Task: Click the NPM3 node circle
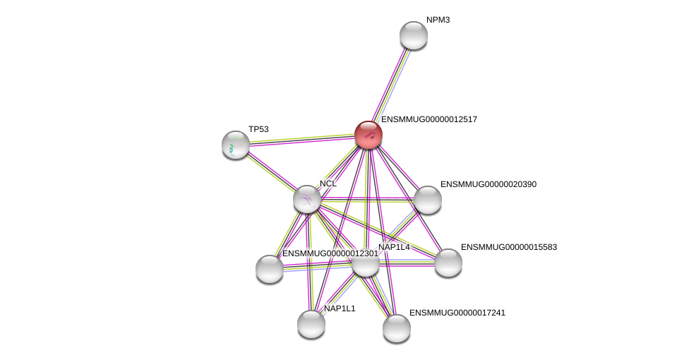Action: pos(414,35)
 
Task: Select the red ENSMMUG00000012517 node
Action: pos(369,135)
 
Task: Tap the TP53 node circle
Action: pos(236,145)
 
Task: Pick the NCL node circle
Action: pos(307,199)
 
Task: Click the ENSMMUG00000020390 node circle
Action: pos(428,200)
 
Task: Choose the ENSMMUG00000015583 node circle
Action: pos(448,263)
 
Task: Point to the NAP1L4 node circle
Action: pos(366,263)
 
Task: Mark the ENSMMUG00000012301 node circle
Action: pos(270,269)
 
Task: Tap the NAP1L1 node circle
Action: pos(311,324)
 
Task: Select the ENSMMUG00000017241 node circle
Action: pos(397,328)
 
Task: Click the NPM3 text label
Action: pos(438,20)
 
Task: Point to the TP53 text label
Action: pos(258,129)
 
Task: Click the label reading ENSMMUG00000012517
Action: pos(429,119)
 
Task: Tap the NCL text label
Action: pos(328,184)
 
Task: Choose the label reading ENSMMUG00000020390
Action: pos(489,184)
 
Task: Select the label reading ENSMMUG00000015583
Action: pos(509,247)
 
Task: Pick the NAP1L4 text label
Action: pos(394,247)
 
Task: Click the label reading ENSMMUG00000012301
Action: pos(330,253)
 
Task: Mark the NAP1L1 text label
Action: pos(340,308)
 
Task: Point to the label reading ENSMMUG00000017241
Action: pos(457,313)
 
